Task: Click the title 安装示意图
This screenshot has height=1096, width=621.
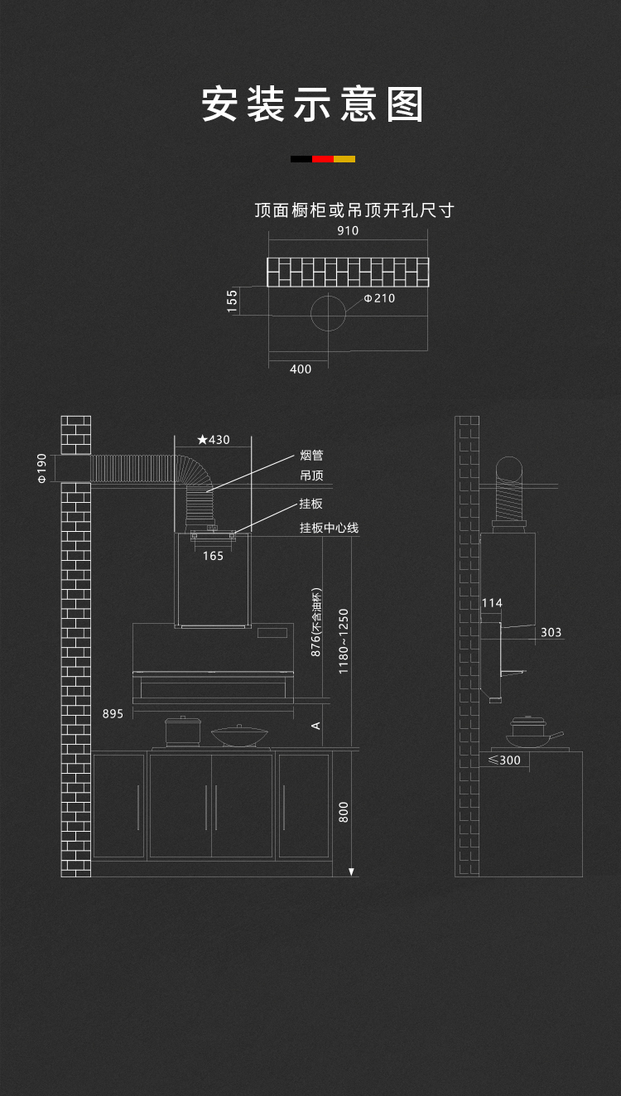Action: point(313,105)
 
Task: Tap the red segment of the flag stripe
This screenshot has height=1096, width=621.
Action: point(323,158)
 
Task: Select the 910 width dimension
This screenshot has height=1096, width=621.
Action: point(348,231)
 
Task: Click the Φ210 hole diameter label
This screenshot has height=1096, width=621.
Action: point(379,298)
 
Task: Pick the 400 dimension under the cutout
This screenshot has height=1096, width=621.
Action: point(301,369)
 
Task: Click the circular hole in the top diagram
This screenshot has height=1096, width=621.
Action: point(329,312)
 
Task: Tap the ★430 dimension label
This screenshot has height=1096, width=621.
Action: point(214,440)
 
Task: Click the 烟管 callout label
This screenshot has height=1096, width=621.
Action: point(311,455)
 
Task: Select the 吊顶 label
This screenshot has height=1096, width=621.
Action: point(311,476)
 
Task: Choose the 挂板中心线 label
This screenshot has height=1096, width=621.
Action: point(329,528)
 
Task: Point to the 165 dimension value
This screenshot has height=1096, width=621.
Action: point(213,556)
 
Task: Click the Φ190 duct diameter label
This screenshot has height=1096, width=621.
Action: point(42,468)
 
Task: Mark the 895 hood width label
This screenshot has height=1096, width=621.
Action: point(113,713)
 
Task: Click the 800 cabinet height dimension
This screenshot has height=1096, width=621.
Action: point(344,811)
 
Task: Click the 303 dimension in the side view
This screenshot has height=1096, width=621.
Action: point(551,632)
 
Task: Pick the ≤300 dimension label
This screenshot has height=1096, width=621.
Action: point(504,760)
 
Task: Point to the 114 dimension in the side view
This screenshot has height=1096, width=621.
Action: point(492,603)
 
